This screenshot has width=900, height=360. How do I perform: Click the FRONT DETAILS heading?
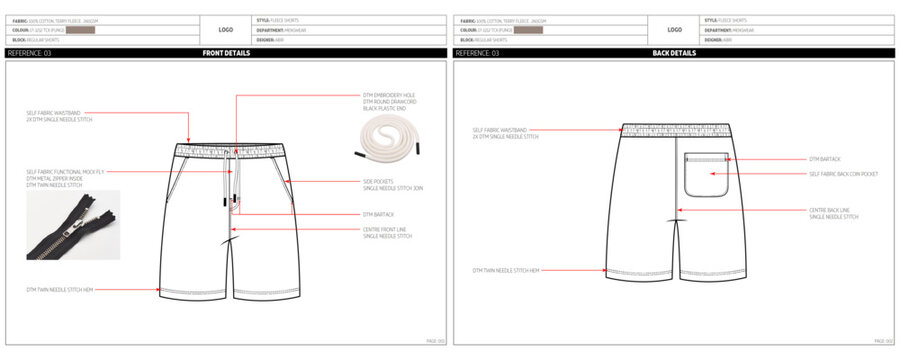(x=225, y=53)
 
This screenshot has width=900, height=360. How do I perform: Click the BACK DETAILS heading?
(x=673, y=53)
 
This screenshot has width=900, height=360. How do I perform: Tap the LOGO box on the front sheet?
(x=226, y=30)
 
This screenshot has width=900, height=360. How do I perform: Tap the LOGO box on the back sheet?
(x=674, y=30)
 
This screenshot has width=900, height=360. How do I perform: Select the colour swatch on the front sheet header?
(x=80, y=30)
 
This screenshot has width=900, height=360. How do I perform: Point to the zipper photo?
(x=73, y=225)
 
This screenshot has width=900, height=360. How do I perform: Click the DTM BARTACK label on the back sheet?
(x=828, y=159)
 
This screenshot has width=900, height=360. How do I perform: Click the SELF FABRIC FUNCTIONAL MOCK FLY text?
(x=60, y=172)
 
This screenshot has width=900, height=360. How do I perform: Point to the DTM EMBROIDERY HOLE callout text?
(x=388, y=96)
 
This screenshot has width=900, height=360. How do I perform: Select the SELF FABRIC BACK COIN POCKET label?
(x=843, y=174)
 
